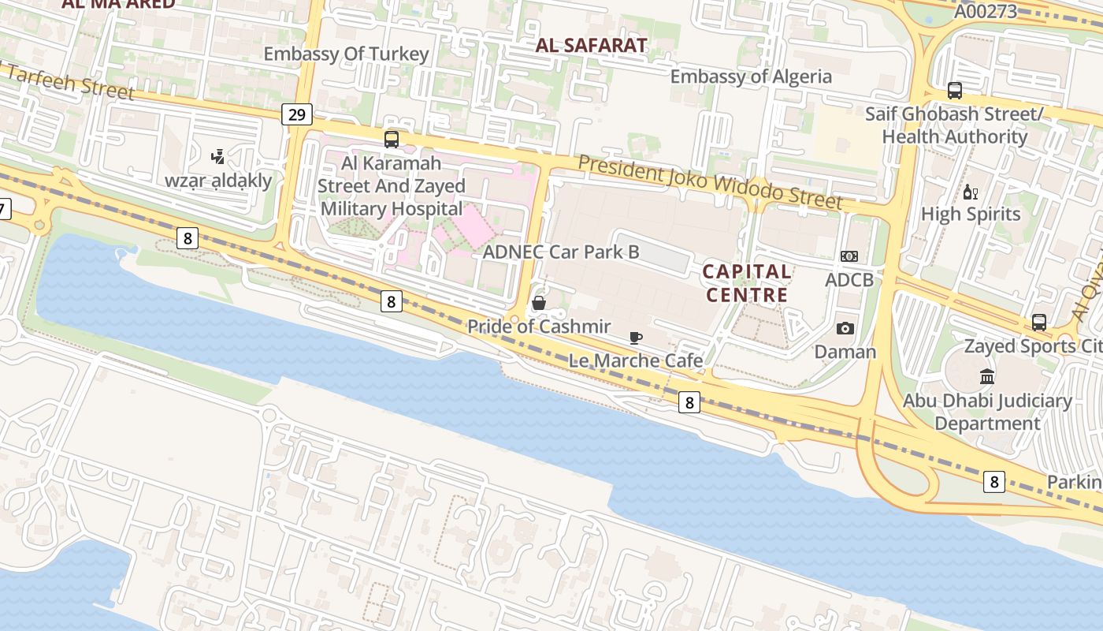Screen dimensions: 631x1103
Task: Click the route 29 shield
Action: click(x=296, y=115)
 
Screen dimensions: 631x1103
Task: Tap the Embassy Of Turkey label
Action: click(x=346, y=54)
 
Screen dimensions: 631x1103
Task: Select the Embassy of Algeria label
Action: click(x=751, y=77)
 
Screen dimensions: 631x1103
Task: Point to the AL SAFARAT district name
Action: click(x=592, y=46)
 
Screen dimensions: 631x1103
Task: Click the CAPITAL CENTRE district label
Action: click(x=747, y=283)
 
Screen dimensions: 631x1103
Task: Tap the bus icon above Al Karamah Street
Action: click(x=392, y=140)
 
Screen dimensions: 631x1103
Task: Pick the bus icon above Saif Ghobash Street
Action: click(x=955, y=91)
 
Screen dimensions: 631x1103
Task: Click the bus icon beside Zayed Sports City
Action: click(x=1039, y=322)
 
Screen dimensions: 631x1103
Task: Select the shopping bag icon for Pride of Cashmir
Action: click(x=539, y=303)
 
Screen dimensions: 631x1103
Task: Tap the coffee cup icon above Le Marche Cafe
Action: click(x=636, y=338)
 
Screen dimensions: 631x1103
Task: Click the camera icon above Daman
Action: click(x=845, y=328)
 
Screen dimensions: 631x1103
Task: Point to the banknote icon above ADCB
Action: click(x=849, y=256)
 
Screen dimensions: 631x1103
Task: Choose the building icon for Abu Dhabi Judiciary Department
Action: click(x=987, y=376)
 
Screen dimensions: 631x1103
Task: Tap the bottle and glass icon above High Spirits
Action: click(x=971, y=192)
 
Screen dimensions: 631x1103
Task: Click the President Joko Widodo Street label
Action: click(x=711, y=182)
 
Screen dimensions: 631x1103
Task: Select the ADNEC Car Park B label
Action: click(x=560, y=252)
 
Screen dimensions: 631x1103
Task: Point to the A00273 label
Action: click(x=986, y=12)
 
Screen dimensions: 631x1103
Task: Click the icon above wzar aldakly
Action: click(x=217, y=157)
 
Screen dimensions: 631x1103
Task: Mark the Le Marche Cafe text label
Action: click(x=636, y=360)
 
